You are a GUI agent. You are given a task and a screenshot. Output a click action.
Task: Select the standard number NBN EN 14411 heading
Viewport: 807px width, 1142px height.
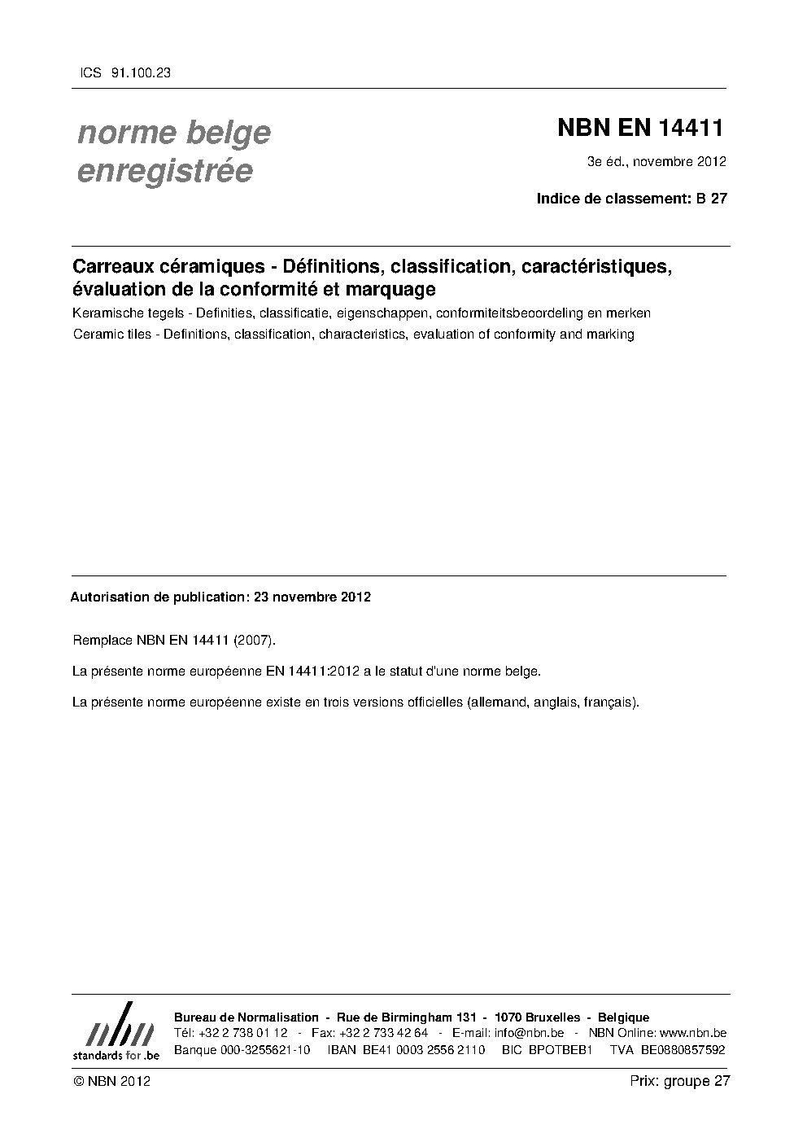tap(639, 129)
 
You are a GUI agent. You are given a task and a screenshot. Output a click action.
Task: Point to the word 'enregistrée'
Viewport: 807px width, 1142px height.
tap(164, 172)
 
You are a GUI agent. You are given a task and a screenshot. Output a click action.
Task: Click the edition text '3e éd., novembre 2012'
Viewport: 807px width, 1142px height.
tap(657, 161)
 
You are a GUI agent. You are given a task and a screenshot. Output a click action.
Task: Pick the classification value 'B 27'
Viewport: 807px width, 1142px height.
tap(712, 198)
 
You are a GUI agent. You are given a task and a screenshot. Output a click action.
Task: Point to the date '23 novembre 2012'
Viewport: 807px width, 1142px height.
tap(312, 597)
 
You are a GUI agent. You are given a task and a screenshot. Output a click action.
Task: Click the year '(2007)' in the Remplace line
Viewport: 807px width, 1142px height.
tap(255, 641)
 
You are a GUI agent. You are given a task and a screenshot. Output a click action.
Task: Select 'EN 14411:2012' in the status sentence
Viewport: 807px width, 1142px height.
tap(314, 672)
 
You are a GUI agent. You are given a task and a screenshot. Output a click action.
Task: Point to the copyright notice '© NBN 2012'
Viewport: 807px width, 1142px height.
tap(111, 1081)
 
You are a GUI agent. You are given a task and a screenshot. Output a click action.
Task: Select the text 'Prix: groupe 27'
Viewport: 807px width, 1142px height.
tap(680, 1081)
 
